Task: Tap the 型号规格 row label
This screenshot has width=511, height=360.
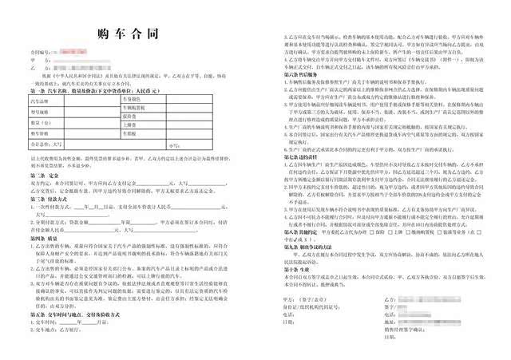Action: point(38,113)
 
